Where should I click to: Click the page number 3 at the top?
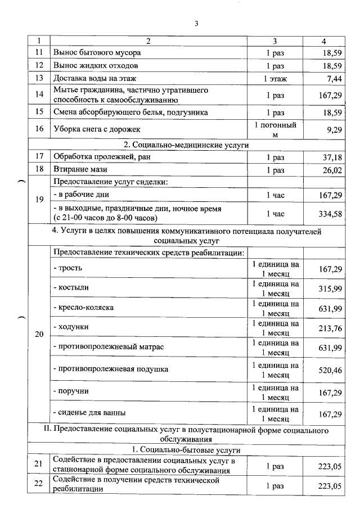pyautogui.click(x=196, y=23)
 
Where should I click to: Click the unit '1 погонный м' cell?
pyautogui.click(x=275, y=129)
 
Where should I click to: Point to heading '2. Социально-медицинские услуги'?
pyautogui.click(x=186, y=145)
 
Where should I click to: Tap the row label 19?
pyautogui.click(x=39, y=200)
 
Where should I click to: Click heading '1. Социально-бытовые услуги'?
pyautogui.click(x=186, y=450)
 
